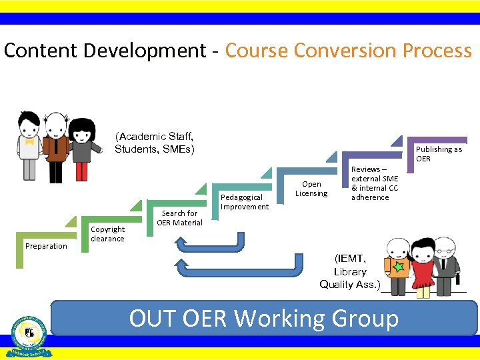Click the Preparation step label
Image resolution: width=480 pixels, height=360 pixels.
point(46,246)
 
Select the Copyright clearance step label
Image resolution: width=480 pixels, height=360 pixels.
point(107,234)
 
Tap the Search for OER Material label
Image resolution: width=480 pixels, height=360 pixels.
point(179,218)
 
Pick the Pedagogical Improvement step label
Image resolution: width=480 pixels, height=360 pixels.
point(244,202)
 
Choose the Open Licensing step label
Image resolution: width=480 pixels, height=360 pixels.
point(311,189)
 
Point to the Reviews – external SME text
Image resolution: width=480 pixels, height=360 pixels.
point(375,174)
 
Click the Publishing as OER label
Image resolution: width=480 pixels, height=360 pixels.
point(438,154)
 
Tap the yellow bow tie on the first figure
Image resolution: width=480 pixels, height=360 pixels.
point(29,141)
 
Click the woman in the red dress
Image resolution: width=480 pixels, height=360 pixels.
point(423,267)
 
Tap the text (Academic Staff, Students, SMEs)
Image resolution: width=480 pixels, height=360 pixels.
point(154,143)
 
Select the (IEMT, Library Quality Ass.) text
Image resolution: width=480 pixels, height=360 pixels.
point(350,271)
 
